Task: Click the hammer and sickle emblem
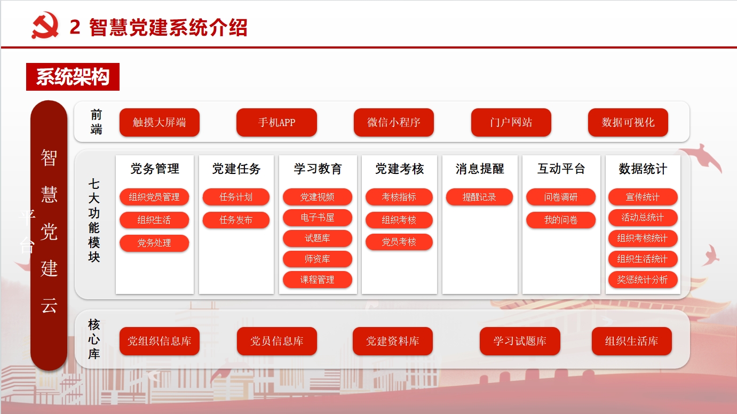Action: [x=45, y=26]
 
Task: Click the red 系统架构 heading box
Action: [x=73, y=77]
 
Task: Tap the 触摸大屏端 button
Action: [x=160, y=122]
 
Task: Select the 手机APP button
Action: [x=276, y=122]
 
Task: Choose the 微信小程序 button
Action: [x=394, y=122]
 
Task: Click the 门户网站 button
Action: [x=511, y=122]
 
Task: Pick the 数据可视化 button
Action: [x=628, y=122]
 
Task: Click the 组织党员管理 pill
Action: [x=154, y=197]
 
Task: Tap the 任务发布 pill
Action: [x=236, y=220]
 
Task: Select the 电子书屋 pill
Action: [x=318, y=218]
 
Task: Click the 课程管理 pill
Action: [x=318, y=280]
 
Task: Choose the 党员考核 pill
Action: [x=399, y=242]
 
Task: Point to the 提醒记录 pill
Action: [x=480, y=197]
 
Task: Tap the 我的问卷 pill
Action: [x=561, y=220]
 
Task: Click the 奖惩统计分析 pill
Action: [x=643, y=280]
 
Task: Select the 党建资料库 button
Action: [x=393, y=341]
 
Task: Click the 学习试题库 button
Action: [x=520, y=341]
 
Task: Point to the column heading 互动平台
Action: [x=561, y=169]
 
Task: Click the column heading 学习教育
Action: [x=318, y=169]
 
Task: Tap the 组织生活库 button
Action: [x=632, y=341]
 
